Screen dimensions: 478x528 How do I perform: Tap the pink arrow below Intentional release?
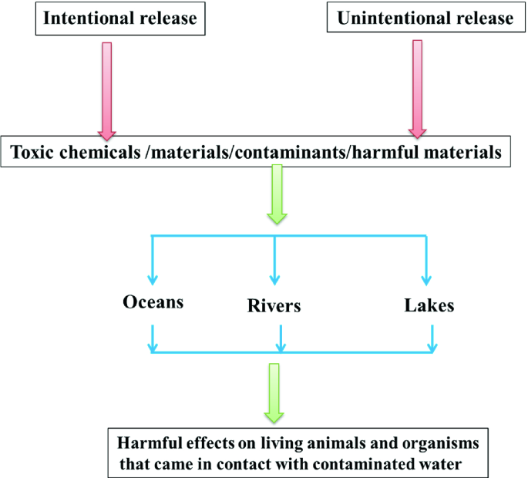106,89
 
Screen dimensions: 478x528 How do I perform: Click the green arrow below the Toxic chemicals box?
275,196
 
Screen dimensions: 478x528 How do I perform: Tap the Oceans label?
153,301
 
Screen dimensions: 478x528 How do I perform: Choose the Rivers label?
274,306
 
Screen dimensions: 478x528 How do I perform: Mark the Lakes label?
429,305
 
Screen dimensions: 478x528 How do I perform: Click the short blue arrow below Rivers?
281,337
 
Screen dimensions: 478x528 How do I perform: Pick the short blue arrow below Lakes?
432,337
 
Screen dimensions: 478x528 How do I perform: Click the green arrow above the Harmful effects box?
274,393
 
